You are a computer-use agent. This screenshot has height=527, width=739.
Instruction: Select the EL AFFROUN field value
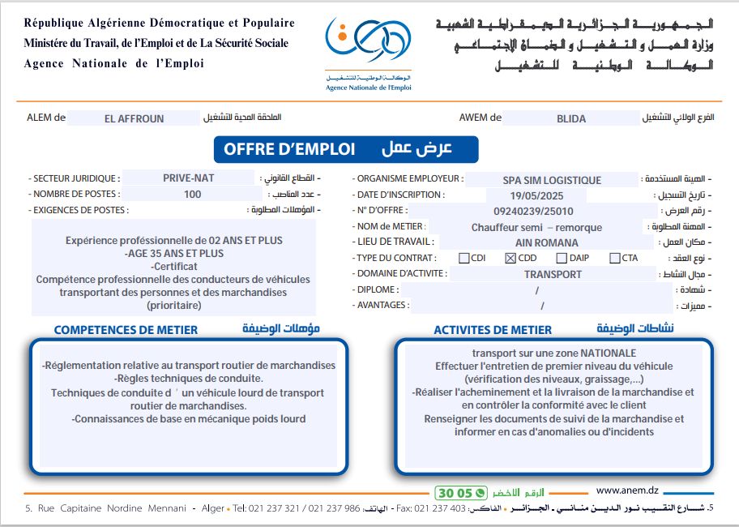[x=134, y=118]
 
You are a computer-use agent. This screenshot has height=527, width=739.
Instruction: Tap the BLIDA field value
[x=570, y=118]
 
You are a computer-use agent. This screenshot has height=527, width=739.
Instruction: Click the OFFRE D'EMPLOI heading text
[x=289, y=149]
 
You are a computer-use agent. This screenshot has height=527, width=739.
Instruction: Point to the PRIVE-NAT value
[x=188, y=178]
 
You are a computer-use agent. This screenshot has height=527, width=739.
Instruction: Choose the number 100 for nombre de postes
[x=193, y=195]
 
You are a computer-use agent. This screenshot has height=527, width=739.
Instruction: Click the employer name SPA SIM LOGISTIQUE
[x=552, y=180]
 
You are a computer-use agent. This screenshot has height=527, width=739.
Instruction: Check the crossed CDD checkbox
[x=510, y=259]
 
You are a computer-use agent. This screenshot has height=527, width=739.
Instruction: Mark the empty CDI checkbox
[x=464, y=259]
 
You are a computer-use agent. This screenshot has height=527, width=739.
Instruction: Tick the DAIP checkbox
[x=562, y=259]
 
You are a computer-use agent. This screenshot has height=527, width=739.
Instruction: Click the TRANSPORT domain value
[x=553, y=274]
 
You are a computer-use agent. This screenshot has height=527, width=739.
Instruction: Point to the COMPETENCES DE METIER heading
[x=126, y=330]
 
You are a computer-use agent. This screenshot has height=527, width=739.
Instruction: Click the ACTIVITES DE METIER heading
[x=493, y=330]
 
